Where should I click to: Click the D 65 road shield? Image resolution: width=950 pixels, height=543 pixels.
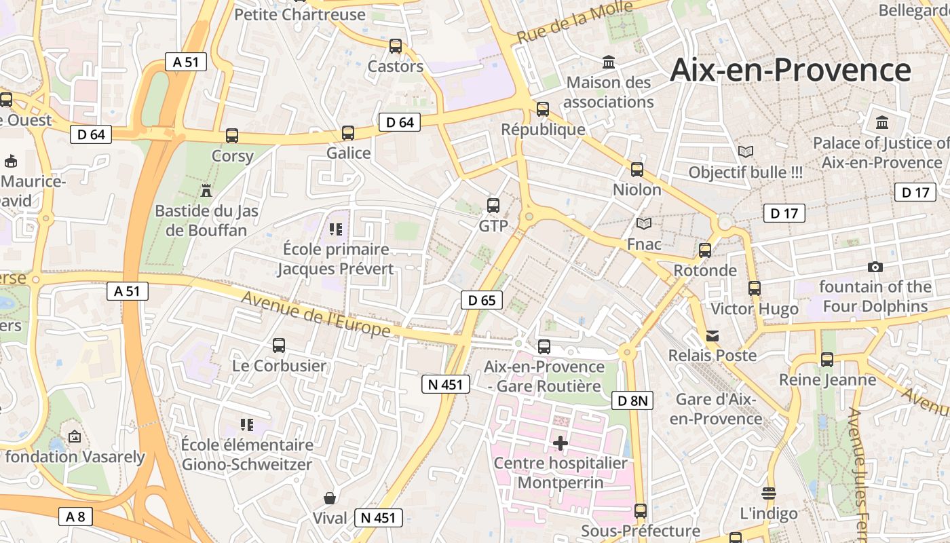pos(482,300)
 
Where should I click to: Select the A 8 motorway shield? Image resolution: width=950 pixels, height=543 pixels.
pos(75,517)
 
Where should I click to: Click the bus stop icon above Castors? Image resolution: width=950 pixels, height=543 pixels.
pos(396,46)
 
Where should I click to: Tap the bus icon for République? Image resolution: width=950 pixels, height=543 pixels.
pos(542,109)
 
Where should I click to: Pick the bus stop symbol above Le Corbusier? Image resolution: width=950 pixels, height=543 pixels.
pos(279,345)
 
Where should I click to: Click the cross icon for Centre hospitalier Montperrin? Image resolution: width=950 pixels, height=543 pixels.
pos(560,443)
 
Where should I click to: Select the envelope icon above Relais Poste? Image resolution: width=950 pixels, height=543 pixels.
pos(712,335)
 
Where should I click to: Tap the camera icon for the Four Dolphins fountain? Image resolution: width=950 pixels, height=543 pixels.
pos(875,267)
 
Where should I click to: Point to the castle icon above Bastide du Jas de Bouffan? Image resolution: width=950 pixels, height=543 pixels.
pos(207,191)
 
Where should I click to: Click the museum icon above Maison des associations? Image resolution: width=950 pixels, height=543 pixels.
pos(609,62)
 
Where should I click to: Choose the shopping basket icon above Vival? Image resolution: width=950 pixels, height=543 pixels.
pos(330,498)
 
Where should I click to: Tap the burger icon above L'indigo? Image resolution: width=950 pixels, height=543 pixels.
pos(768,493)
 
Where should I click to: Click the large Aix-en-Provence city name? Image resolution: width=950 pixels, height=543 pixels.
pos(790,71)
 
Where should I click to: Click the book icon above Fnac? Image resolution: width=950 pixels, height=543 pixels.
pos(644,223)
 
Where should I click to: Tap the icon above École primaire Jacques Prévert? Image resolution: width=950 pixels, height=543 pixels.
pos(335,229)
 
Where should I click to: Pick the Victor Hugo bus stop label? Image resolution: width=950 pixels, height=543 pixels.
pos(755,310)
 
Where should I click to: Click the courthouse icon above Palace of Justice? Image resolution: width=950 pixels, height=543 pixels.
pos(882,123)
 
